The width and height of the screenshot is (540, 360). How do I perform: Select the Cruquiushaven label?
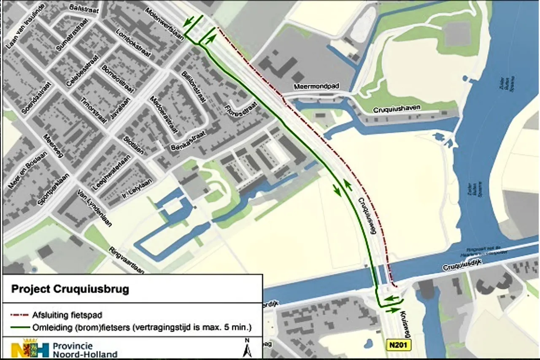[397, 109]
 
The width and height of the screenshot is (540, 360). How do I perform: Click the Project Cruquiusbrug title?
[70, 290]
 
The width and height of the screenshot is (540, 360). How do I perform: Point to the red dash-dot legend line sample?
[20, 315]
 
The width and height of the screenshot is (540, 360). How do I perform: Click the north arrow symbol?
[248, 349]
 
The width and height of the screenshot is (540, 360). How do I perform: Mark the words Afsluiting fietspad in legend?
[67, 315]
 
